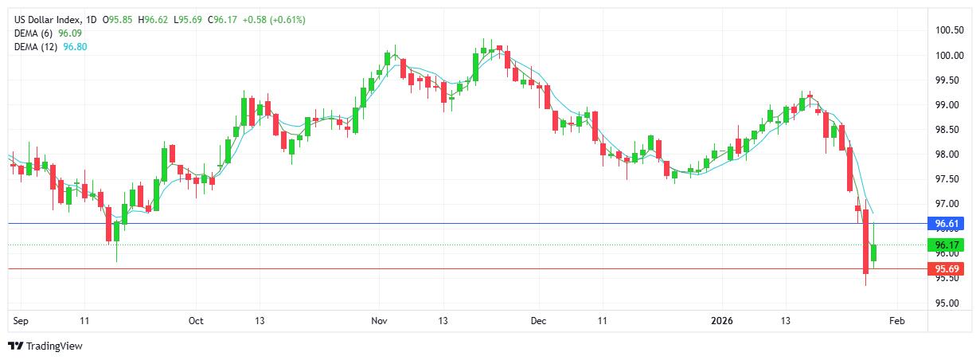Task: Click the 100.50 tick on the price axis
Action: pos(949,30)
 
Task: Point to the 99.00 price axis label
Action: pos(947,105)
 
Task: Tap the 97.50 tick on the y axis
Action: pos(947,179)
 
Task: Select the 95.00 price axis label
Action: pos(947,303)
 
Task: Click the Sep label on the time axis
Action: pos(21,321)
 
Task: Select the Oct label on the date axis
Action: pos(196,321)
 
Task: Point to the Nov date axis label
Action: pos(379,321)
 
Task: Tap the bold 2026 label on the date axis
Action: pos(721,321)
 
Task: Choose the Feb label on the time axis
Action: pos(896,321)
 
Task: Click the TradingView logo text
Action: pos(54,346)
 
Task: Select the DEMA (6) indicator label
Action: pos(33,33)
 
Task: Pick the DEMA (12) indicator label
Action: pos(36,47)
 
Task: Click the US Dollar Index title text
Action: pos(46,19)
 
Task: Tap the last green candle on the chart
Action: pos(873,252)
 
